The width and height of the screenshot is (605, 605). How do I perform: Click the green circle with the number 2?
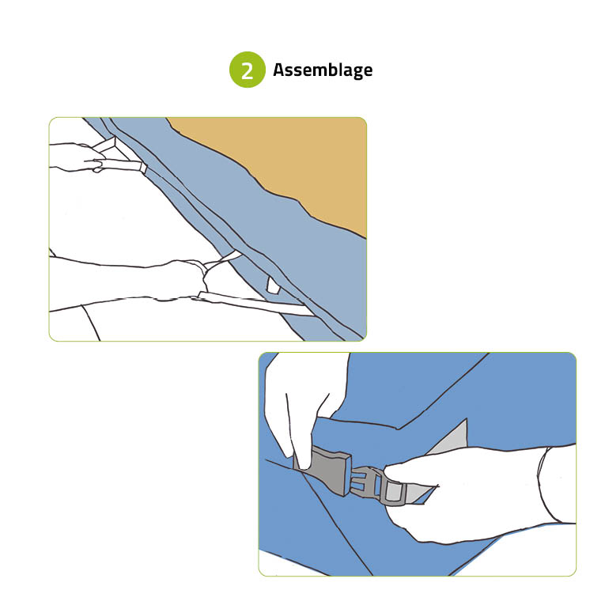(248, 70)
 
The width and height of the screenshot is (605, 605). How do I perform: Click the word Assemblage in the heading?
(323, 70)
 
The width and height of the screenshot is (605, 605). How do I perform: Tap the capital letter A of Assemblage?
(279, 69)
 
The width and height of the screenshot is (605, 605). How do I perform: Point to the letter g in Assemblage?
(357, 72)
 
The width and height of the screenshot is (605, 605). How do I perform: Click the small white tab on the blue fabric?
(273, 285)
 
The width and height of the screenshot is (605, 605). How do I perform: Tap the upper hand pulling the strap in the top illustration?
(78, 157)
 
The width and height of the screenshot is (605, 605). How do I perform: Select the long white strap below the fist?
(255, 303)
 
